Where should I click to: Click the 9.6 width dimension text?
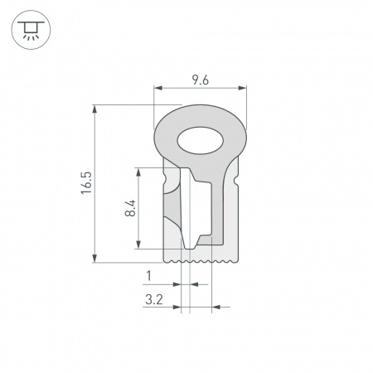(x=200, y=80)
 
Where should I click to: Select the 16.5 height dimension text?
(x=85, y=183)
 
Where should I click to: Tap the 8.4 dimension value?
(x=129, y=207)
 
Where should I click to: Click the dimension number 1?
(x=148, y=276)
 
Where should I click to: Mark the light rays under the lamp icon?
(x=31, y=38)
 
